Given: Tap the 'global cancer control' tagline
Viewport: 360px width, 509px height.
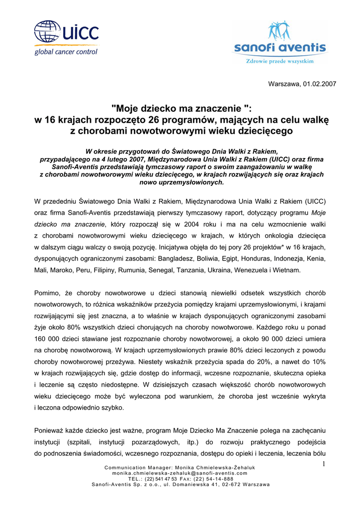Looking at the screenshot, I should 66,52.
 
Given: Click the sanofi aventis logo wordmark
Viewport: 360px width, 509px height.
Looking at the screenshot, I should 280,48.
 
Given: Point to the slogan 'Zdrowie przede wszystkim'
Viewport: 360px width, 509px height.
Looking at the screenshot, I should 280,61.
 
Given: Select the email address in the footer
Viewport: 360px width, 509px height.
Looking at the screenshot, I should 180,474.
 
